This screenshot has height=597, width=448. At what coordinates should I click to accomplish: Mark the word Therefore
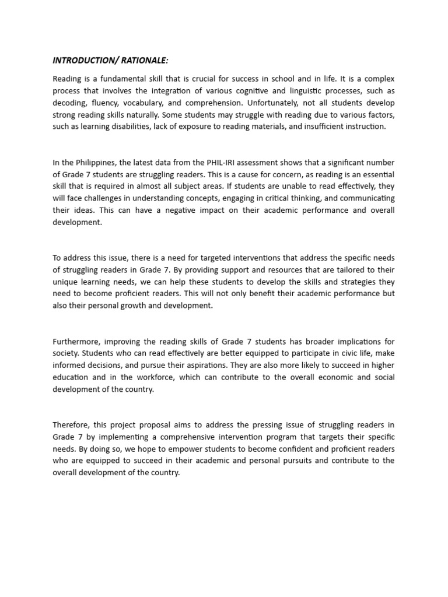[x=71, y=424]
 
